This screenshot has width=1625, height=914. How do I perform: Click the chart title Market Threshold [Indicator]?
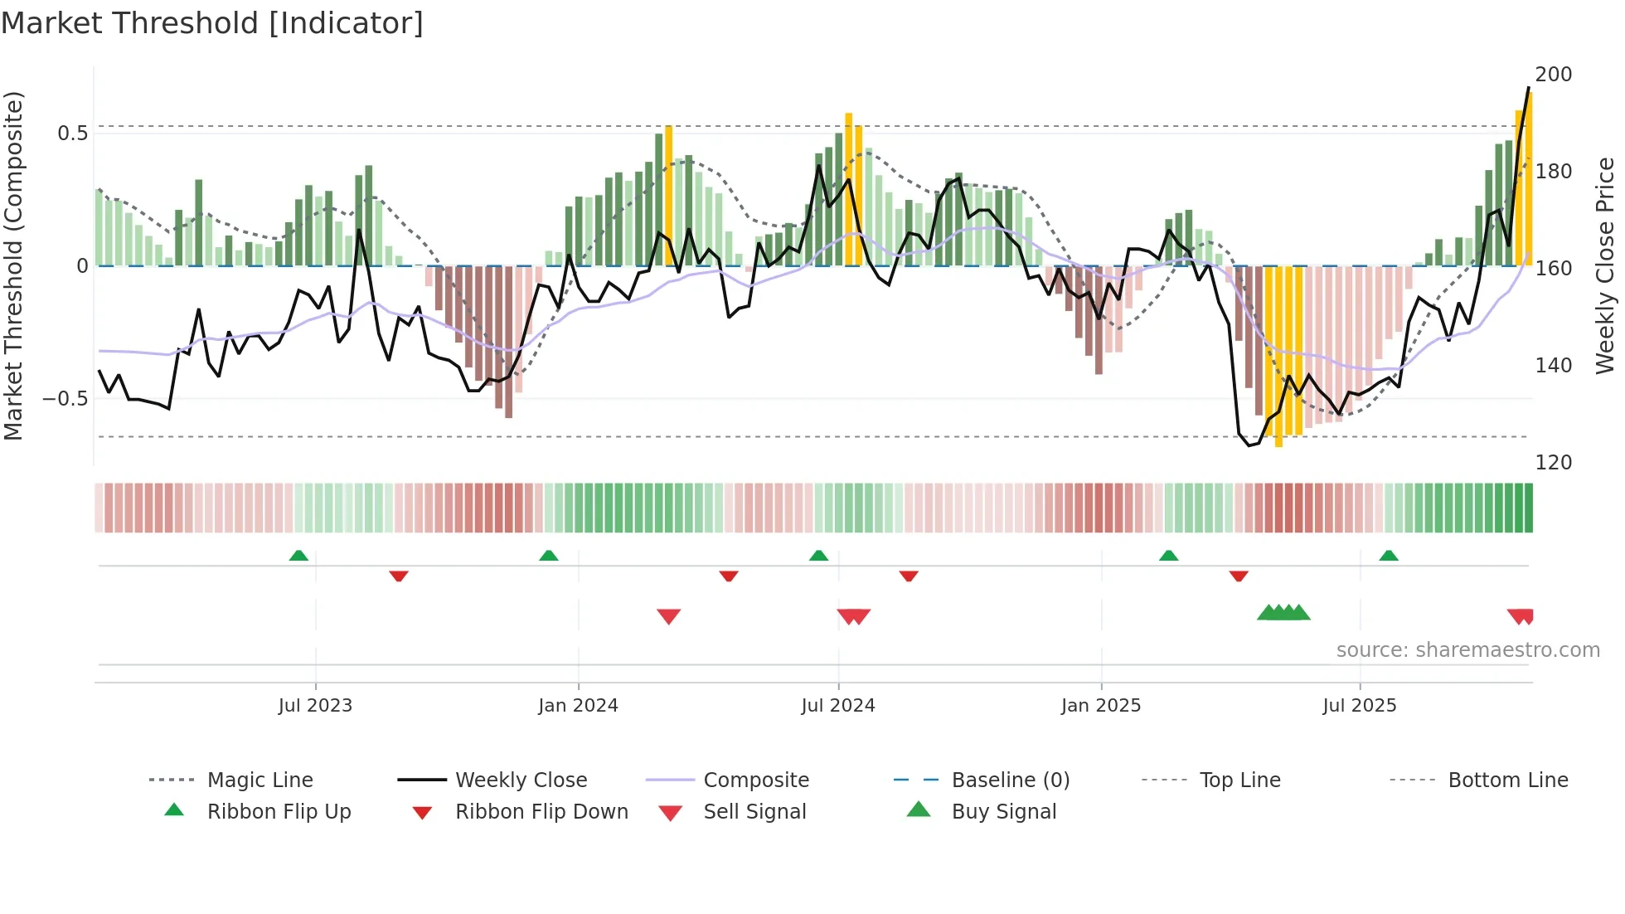pos(212,23)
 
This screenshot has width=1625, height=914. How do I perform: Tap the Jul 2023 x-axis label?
pos(315,706)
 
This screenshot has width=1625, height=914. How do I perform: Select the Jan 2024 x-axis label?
pos(578,706)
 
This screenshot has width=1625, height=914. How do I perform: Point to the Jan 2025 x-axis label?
pos(1101,706)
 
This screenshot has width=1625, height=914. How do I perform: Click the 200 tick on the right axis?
pos(1553,75)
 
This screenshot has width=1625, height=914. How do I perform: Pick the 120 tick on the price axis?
pos(1553,463)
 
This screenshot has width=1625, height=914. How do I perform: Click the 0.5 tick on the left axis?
pos(72,134)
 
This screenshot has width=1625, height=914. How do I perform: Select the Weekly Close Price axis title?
pos(1605,265)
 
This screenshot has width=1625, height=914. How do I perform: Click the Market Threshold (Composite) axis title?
pos(13,265)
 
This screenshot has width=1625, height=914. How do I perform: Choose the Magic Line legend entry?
pos(260,780)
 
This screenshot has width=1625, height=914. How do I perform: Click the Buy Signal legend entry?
pos(1003,812)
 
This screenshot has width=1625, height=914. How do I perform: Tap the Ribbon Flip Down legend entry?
pos(541,812)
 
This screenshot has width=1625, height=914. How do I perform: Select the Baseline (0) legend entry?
pos(1010,780)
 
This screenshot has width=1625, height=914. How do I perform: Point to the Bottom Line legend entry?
pos(1507,780)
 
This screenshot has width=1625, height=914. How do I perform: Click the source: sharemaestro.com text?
pos(1467,650)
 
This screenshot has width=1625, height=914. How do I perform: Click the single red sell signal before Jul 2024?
pos(668,616)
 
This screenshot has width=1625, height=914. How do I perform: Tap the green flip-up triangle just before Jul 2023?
pos(298,556)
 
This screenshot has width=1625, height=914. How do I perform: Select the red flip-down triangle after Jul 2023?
pos(399,576)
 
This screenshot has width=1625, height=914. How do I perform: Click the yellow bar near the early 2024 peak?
pos(669,196)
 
